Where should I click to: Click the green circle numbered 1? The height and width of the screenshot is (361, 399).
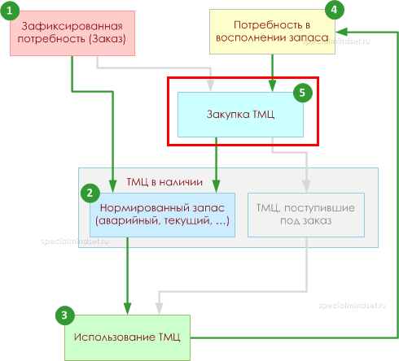(x=10, y=11)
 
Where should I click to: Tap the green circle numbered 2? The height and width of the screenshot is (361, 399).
(x=90, y=193)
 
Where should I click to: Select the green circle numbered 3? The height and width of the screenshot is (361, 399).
(x=65, y=315)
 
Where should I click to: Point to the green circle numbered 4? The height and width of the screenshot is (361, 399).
(x=335, y=10)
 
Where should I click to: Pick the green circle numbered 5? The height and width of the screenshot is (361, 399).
(x=303, y=93)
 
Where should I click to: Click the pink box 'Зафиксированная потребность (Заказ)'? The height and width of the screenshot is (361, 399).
(x=72, y=33)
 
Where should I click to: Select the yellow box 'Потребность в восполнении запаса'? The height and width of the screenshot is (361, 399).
(x=272, y=32)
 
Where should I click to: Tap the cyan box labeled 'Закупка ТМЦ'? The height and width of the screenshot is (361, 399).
(x=240, y=115)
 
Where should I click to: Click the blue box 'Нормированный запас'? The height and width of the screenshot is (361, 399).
(x=162, y=215)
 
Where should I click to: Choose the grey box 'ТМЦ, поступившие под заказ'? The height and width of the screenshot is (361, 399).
(x=306, y=215)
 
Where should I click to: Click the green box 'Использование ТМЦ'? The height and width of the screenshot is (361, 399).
(x=127, y=337)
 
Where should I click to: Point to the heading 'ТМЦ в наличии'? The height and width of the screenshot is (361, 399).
(x=164, y=182)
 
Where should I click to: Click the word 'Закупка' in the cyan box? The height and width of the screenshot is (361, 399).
(x=228, y=115)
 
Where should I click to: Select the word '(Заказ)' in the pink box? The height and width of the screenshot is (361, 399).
(x=107, y=39)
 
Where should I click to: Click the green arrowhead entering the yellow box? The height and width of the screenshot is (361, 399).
(x=341, y=32)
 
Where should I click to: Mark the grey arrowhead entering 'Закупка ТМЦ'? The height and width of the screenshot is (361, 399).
(x=211, y=85)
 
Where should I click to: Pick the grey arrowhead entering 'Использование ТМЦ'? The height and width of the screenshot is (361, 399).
(x=159, y=308)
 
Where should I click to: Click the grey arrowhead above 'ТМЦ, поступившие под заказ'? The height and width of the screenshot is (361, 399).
(x=306, y=186)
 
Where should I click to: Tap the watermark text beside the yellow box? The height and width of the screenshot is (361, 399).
(x=336, y=41)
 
